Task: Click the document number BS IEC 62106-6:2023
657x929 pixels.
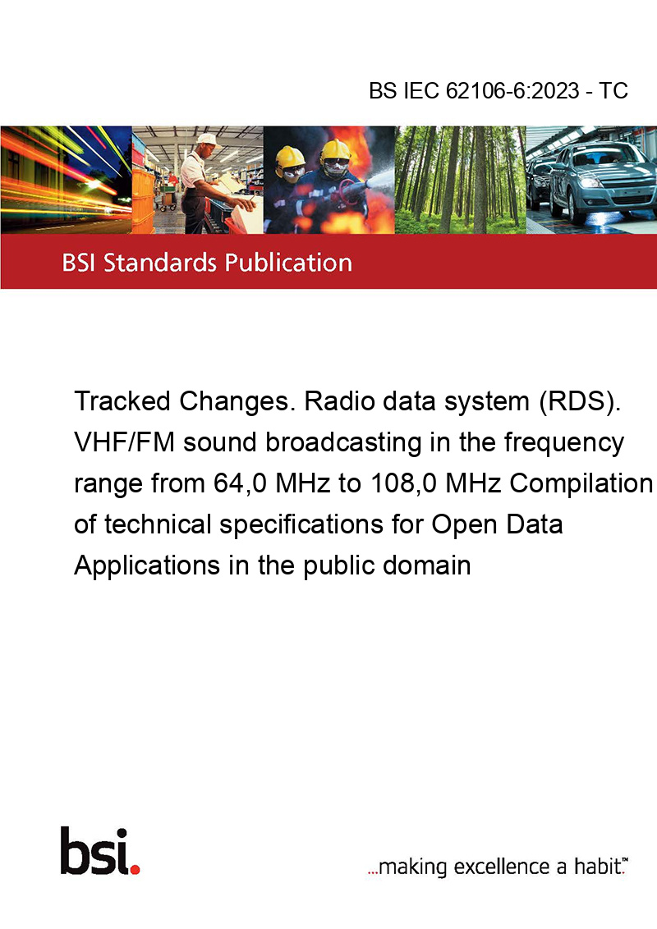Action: coord(474,90)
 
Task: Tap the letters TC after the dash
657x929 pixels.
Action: coord(613,90)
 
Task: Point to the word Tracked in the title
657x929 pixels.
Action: coord(122,401)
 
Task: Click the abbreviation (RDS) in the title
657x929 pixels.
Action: coord(579,401)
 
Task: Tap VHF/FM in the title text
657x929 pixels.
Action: coord(125,442)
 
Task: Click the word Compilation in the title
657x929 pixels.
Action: coord(581,483)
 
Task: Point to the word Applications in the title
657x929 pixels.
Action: coord(147,565)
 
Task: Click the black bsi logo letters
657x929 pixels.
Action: coord(95,851)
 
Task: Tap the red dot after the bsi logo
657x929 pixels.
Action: coord(135,869)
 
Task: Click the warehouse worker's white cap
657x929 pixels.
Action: coord(208,140)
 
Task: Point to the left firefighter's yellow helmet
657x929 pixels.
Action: coord(290,157)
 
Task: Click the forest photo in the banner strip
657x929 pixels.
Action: coord(460,180)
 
